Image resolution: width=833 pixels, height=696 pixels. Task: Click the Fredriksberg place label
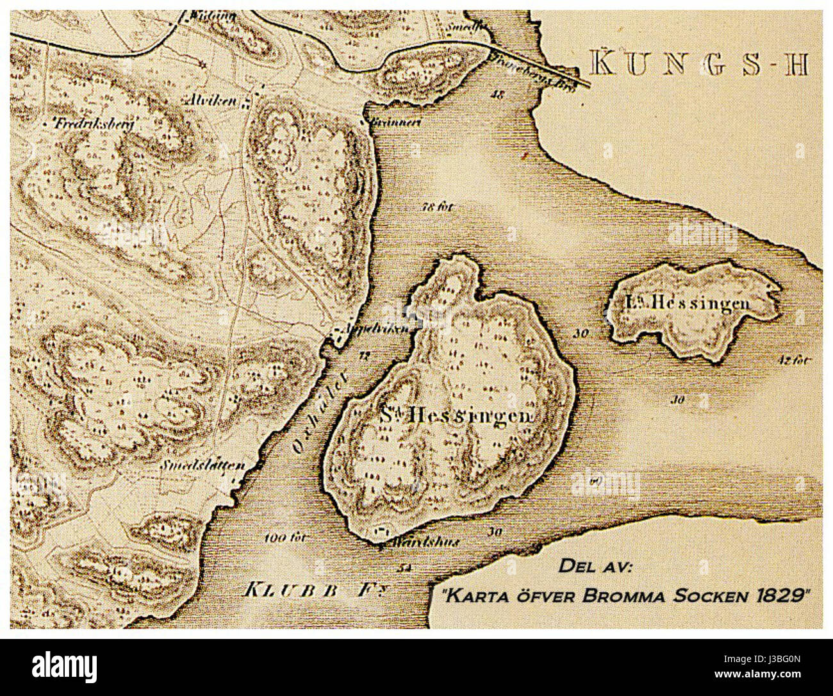(x=89, y=125)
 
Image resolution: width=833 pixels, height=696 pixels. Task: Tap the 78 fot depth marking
(x=438, y=207)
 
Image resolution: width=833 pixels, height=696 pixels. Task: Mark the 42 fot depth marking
(x=796, y=360)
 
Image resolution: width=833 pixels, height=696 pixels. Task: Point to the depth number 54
(x=403, y=568)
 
